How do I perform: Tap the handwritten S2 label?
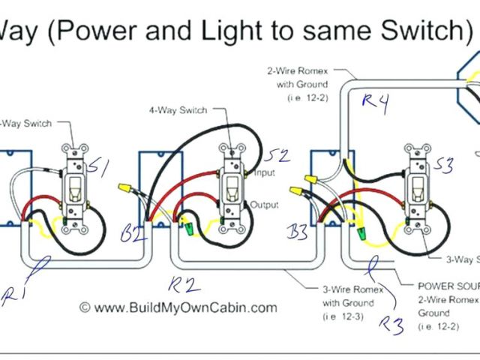pyautogui.click(x=277, y=157)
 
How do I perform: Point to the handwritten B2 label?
pyautogui.click(x=133, y=234)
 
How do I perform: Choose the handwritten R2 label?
pyautogui.click(x=184, y=284)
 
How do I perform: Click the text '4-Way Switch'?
pyautogui.click(x=178, y=111)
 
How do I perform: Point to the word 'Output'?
pyautogui.click(x=265, y=205)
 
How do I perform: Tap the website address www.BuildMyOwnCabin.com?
pyautogui.click(x=178, y=307)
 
